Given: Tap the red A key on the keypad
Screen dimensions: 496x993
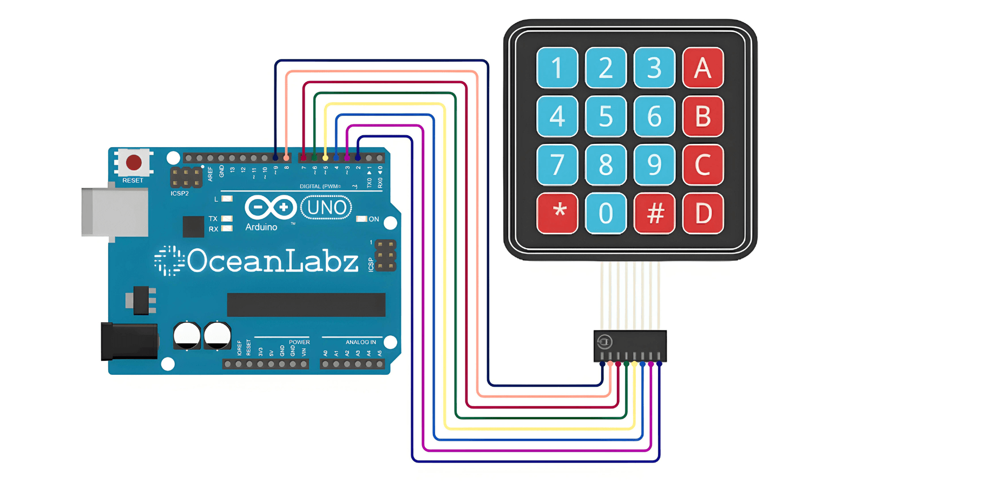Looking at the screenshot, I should (x=703, y=68).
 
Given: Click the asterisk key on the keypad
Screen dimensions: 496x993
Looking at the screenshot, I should (x=557, y=213).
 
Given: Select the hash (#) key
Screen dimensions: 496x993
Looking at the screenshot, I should (x=655, y=213).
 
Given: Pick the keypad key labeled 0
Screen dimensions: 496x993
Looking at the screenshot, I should (x=606, y=213).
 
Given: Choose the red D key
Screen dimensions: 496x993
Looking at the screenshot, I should (x=703, y=213).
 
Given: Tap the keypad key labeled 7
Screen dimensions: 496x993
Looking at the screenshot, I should (x=557, y=165).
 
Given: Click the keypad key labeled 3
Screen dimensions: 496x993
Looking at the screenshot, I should (x=655, y=68).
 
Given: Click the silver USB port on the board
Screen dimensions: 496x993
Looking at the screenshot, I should (x=115, y=212).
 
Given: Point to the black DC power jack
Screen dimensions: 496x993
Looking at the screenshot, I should (x=129, y=341).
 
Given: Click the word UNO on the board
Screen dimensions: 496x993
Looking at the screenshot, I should (x=326, y=208).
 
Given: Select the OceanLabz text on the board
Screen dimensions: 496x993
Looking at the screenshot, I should (x=272, y=261).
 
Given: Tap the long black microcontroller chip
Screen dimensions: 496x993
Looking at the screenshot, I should (x=306, y=305).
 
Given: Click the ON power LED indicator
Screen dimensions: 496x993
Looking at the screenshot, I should (x=361, y=219).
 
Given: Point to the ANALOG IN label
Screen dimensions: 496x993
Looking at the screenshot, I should (x=360, y=342).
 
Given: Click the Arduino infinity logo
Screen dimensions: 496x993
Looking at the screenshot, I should (x=271, y=208).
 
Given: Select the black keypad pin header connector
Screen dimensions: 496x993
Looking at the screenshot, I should (x=630, y=345).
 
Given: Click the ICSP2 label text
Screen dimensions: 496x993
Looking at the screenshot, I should (x=180, y=193).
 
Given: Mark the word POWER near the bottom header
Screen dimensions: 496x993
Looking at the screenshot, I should (x=299, y=342).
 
